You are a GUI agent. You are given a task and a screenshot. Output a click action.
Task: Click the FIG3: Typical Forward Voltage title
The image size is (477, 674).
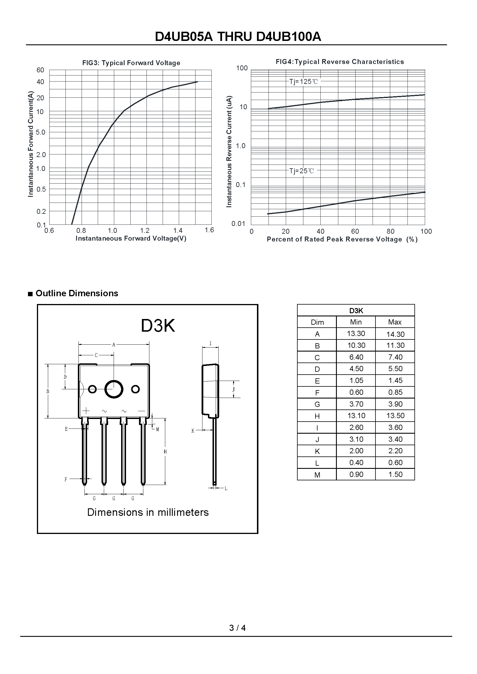(131, 63)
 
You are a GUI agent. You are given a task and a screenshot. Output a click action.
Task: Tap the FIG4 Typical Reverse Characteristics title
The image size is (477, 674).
(339, 62)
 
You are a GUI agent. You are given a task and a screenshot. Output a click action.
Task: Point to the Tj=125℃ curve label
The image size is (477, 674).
(303, 82)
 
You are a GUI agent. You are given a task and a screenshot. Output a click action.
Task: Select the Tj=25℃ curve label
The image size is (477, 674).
(301, 171)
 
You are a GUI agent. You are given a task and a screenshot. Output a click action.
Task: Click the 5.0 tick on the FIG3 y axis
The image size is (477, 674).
(41, 132)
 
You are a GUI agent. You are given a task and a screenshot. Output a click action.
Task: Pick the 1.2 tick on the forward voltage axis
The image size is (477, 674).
(145, 231)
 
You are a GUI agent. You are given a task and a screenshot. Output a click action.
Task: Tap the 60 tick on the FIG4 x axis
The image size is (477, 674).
(355, 231)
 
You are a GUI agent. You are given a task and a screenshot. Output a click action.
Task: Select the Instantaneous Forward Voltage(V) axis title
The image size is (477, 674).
(131, 238)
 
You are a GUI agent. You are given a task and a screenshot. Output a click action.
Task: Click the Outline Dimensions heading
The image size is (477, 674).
(77, 293)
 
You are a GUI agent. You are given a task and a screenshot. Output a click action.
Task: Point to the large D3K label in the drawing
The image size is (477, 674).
(158, 326)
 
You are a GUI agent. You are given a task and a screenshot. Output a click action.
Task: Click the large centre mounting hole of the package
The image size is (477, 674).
(114, 389)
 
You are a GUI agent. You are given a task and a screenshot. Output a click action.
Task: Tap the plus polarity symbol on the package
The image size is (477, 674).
(86, 411)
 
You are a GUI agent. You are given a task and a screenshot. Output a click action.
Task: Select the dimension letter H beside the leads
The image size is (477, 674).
(165, 452)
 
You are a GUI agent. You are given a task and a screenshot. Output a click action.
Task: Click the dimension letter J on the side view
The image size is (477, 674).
(234, 390)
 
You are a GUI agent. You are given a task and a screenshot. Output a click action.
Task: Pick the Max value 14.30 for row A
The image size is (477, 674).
(395, 334)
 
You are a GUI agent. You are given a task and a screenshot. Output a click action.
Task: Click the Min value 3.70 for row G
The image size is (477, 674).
(356, 404)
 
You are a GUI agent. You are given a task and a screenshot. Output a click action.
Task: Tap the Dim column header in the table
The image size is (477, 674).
(317, 322)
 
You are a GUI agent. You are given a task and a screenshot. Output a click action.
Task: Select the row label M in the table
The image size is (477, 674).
(317, 475)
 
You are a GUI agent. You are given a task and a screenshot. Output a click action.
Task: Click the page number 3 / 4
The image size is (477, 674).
(237, 628)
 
